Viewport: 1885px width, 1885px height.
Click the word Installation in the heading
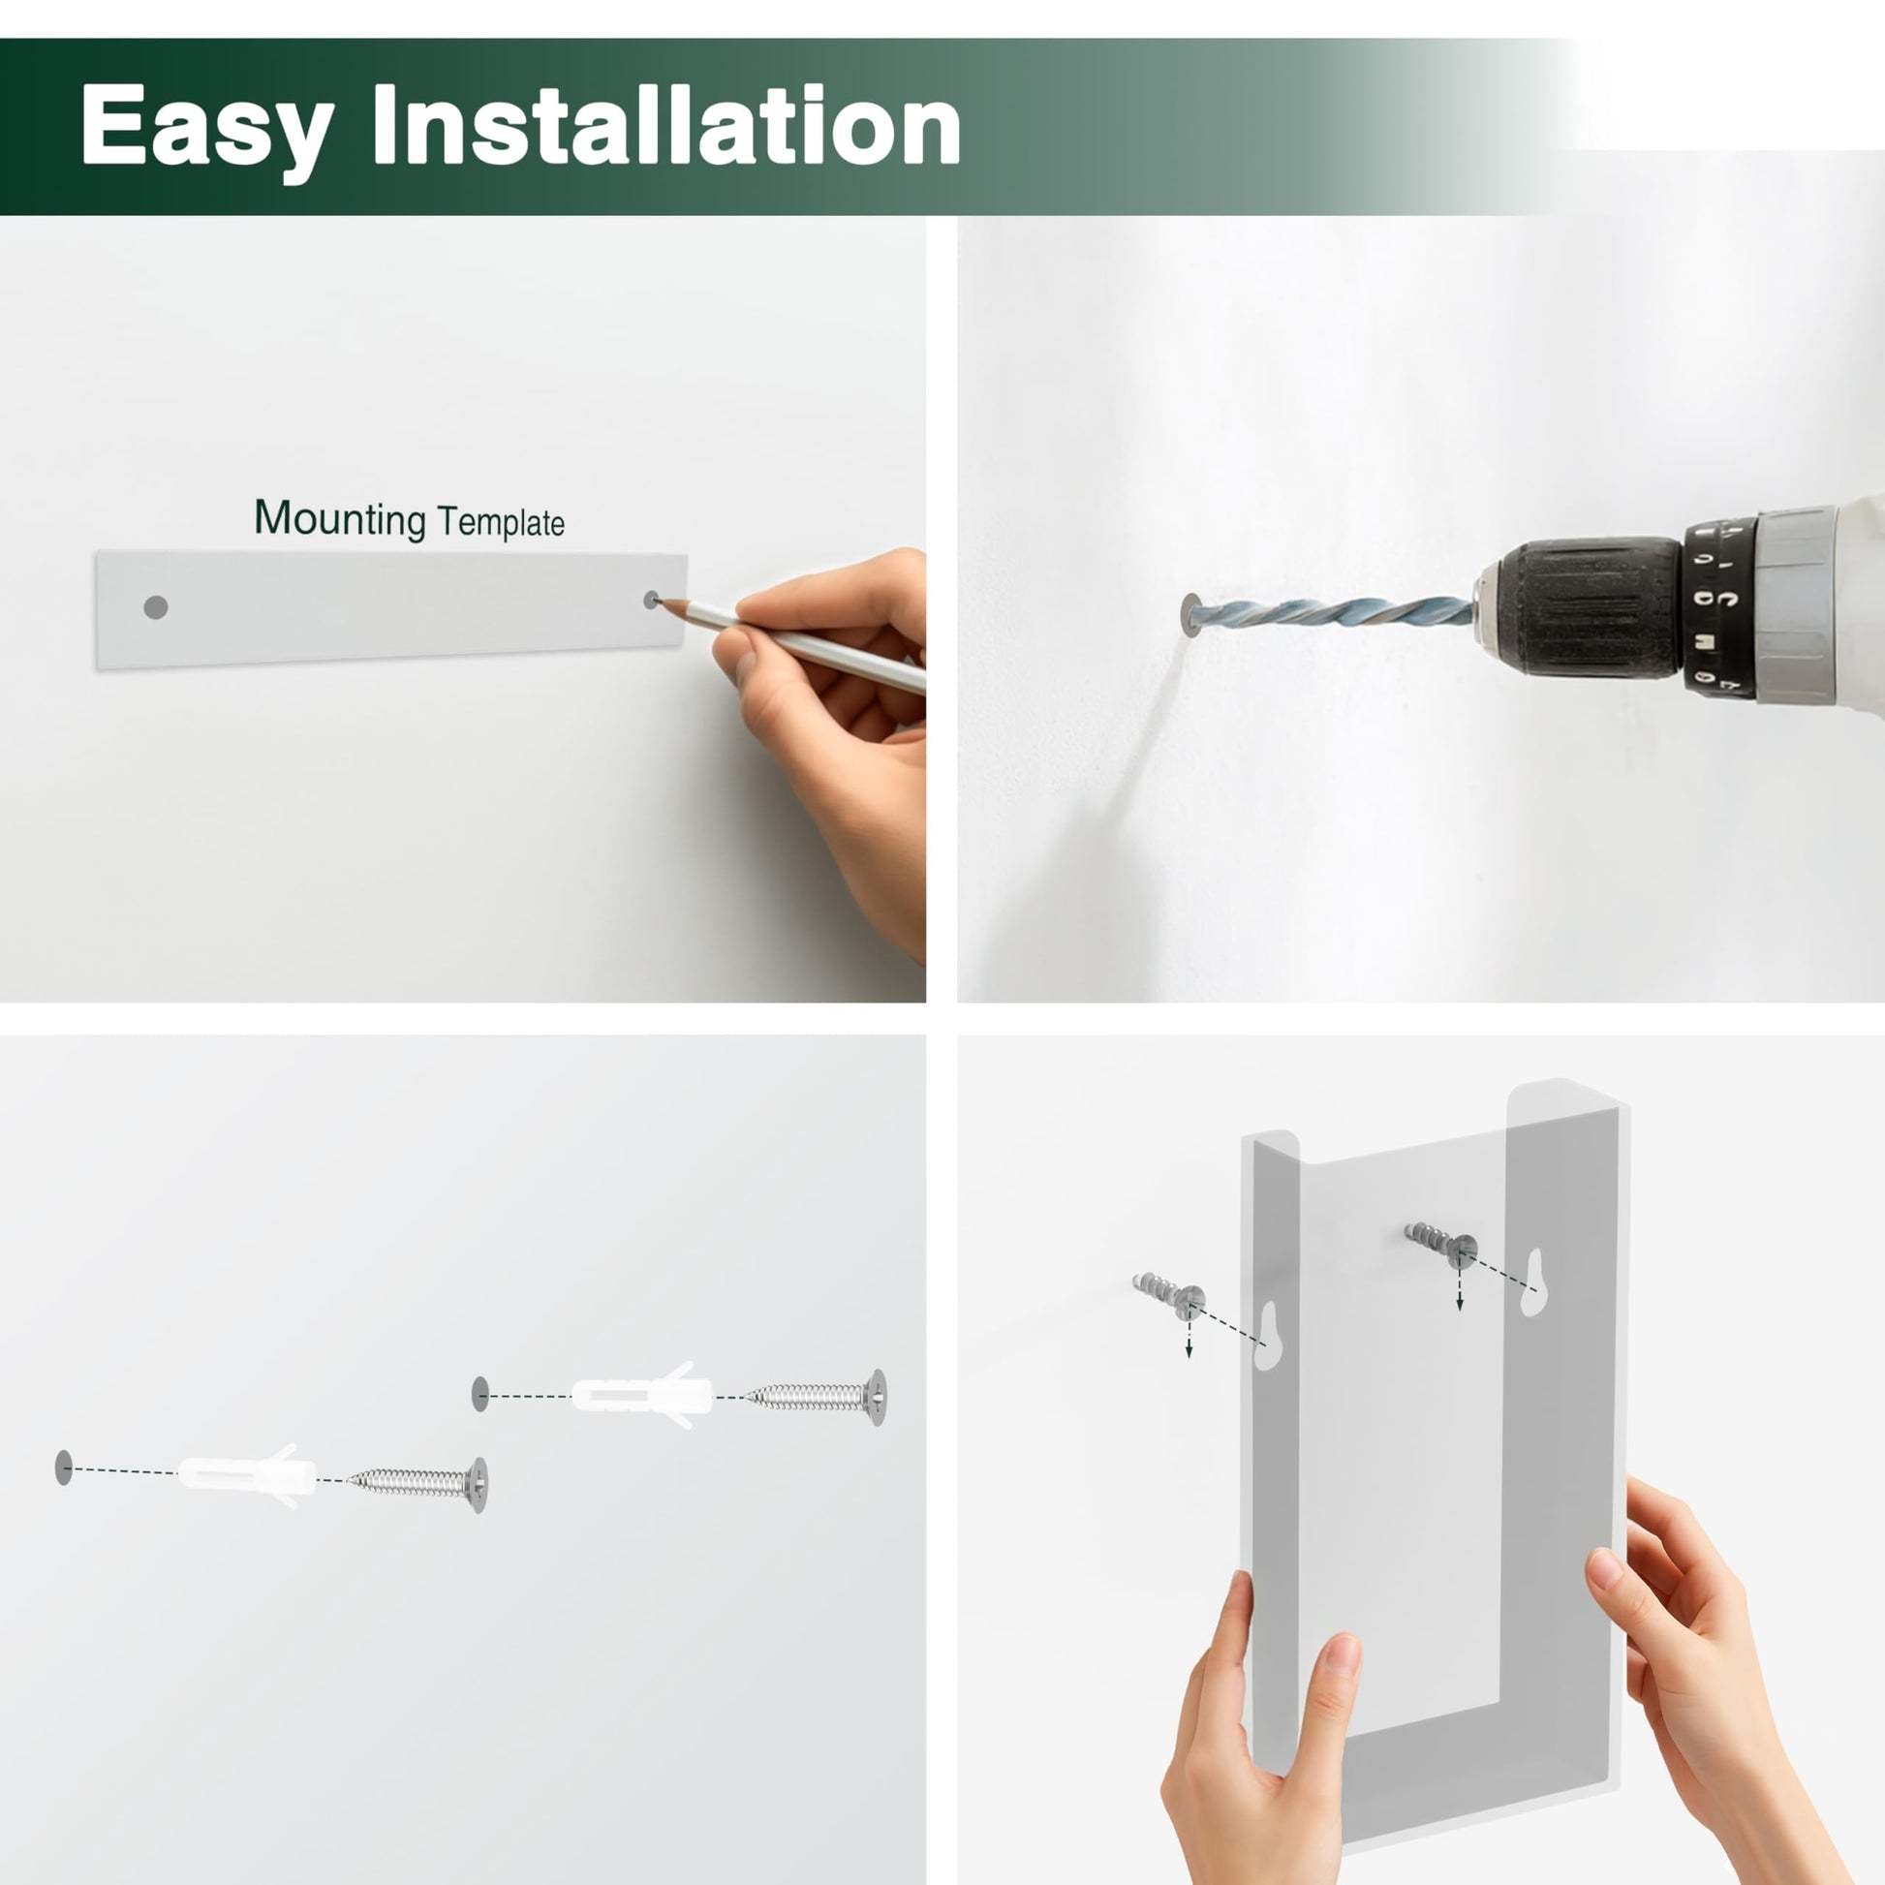click(666, 124)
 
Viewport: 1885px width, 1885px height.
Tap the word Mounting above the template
click(340, 519)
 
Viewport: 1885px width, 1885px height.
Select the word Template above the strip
click(501, 522)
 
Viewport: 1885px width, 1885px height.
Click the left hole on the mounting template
click(156, 608)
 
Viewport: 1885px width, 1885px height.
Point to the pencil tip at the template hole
click(660, 601)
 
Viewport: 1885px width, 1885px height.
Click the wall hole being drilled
click(1190, 615)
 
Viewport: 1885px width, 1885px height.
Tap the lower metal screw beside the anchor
click(418, 1484)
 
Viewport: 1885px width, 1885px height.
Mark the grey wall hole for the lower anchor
click(64, 1468)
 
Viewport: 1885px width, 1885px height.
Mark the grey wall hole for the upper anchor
click(480, 1394)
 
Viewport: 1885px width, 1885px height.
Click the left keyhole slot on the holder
click(1266, 1336)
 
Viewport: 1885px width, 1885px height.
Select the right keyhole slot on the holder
click(1533, 1282)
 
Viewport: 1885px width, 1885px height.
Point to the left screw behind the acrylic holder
click(1169, 1296)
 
